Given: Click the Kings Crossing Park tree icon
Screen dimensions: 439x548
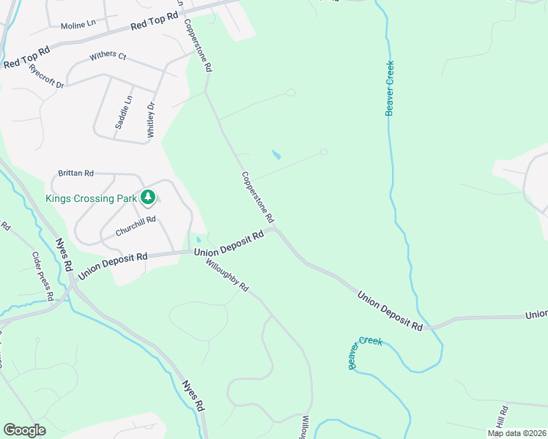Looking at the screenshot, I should coord(149,197).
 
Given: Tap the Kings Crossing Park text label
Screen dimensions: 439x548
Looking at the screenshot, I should coord(90,198).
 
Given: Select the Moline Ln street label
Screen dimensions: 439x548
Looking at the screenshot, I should coord(78,24).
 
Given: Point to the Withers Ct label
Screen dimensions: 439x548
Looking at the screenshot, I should coord(108,56).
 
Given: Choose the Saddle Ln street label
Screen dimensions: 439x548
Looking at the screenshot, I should coord(125,113).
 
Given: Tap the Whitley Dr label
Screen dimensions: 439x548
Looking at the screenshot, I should coord(152,120).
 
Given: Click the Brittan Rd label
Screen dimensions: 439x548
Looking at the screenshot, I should coord(77,173).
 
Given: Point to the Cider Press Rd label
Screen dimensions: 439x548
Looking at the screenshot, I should coord(43,277).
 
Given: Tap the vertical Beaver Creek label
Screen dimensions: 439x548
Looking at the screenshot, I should coord(390,88).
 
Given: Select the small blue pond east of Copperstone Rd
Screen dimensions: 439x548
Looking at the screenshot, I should coord(276,155).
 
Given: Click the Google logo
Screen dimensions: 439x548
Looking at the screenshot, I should coord(24,430).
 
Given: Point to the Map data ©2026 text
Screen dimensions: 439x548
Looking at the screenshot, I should coord(516,433).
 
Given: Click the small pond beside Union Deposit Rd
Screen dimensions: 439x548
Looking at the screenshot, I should coord(198,239).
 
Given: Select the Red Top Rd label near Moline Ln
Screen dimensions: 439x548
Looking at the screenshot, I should coord(155,20).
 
